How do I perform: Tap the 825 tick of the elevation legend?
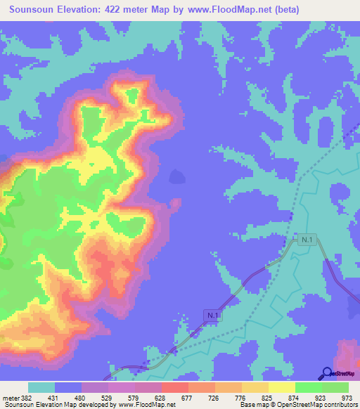(267, 398)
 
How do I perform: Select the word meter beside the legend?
(11, 398)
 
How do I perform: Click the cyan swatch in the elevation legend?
(41, 387)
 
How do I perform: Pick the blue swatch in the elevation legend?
(68, 387)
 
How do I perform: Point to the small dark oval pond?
(176, 176)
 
